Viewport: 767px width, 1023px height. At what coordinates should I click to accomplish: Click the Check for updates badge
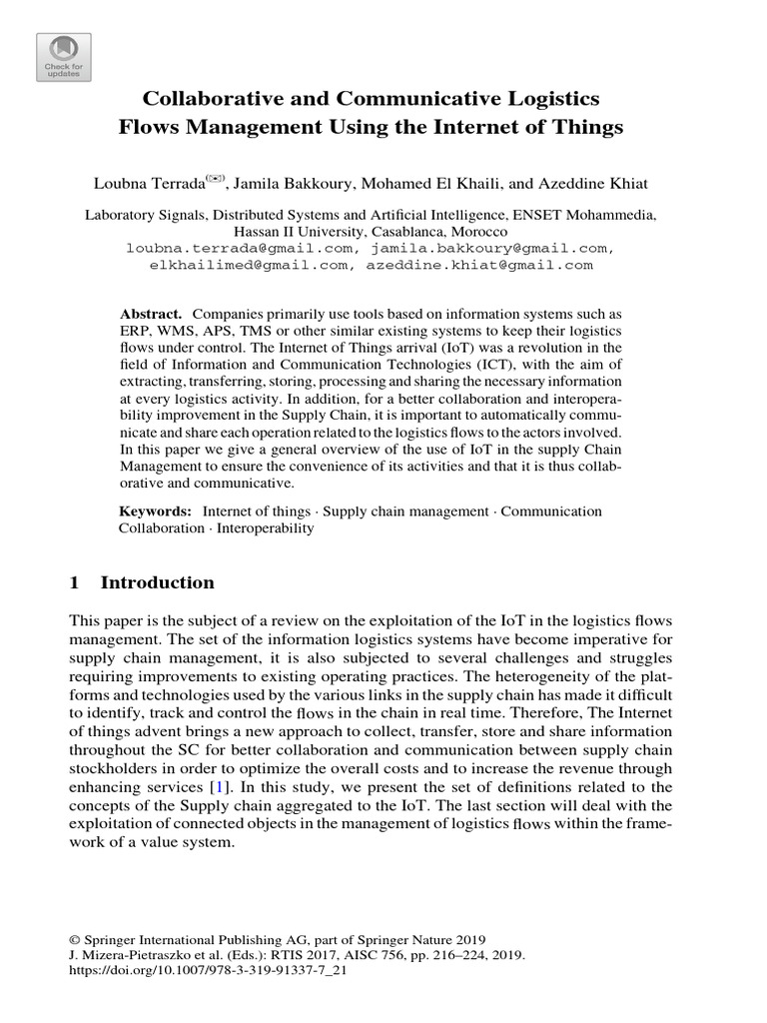click(63, 56)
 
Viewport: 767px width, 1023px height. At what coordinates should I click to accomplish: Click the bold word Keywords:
click(156, 511)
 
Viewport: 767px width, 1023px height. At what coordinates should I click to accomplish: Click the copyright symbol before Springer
click(74, 939)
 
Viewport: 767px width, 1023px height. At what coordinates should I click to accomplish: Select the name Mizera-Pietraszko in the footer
click(133, 954)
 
